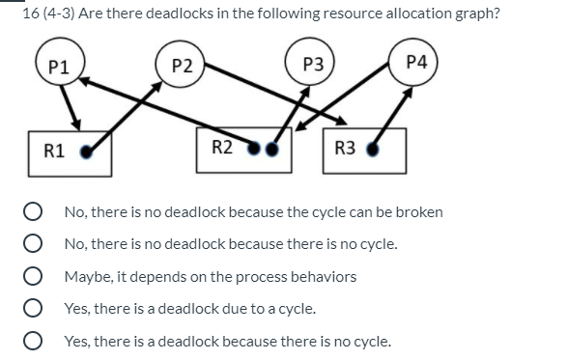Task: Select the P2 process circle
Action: coord(180,66)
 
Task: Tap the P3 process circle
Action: coord(310,66)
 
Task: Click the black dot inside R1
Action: coord(89,151)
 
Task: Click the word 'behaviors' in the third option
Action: coord(324,277)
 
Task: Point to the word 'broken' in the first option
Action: coord(421,211)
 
